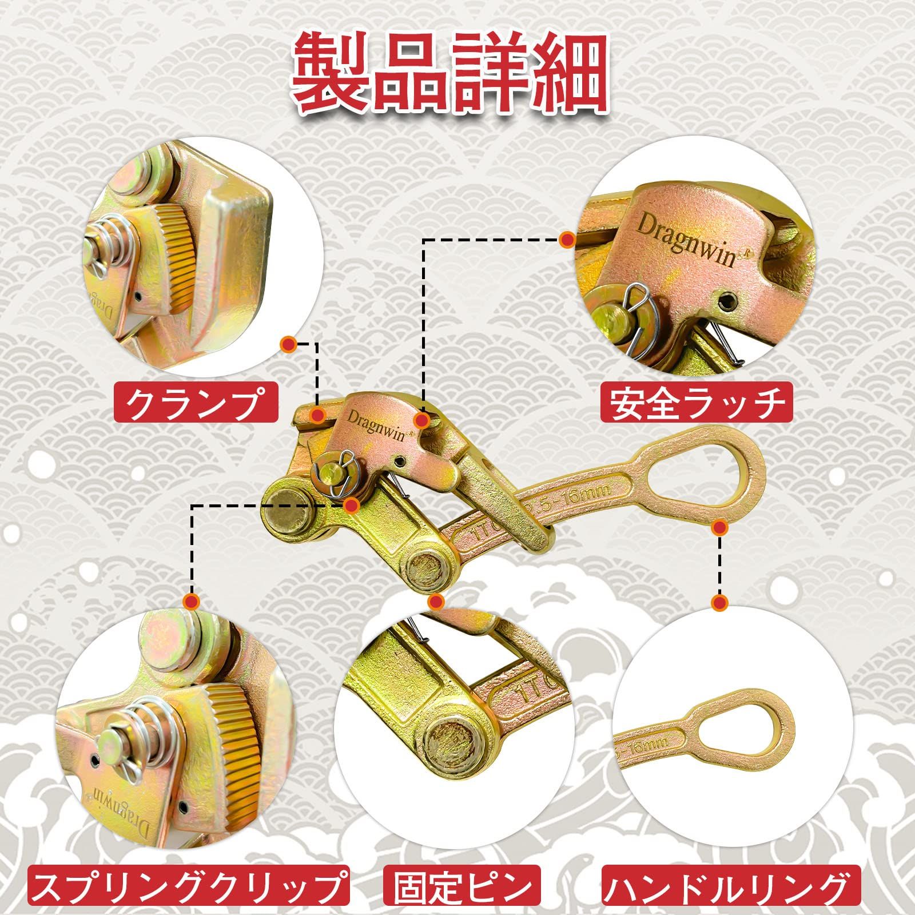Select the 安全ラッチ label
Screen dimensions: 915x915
click(x=697, y=403)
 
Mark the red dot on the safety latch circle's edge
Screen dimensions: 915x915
click(x=567, y=240)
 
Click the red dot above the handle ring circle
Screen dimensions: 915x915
click(x=720, y=602)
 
